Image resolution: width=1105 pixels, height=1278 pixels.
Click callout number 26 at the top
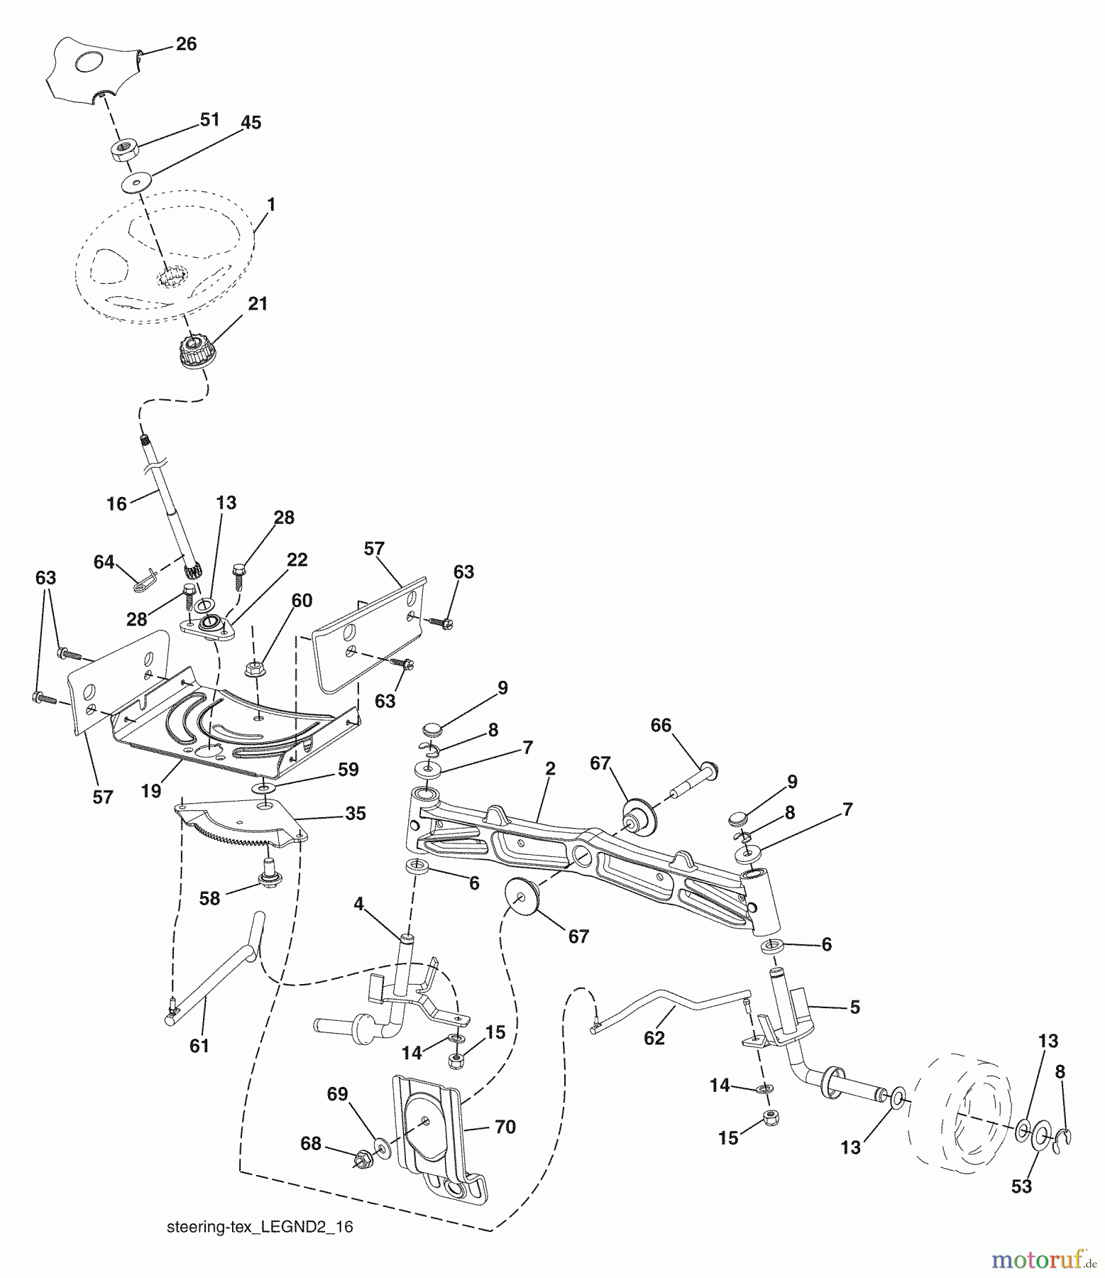[x=186, y=44]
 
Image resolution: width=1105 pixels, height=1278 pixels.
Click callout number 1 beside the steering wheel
[x=270, y=204]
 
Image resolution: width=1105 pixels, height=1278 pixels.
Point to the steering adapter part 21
[x=192, y=351]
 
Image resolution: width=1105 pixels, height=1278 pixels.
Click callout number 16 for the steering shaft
[x=116, y=504]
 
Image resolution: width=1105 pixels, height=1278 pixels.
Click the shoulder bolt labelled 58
[x=268, y=873]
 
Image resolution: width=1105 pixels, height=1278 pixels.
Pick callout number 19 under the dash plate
[x=150, y=791]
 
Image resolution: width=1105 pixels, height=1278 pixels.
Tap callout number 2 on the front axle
[x=551, y=769]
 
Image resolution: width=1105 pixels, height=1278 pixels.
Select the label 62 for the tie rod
[x=654, y=1038]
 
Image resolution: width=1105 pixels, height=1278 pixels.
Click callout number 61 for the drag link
[x=199, y=1046]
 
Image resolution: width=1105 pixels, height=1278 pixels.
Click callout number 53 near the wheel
[x=1021, y=1186]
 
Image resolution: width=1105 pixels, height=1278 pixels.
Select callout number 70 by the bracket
[x=505, y=1127]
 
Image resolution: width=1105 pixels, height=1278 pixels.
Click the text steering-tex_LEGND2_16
[x=260, y=1228]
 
